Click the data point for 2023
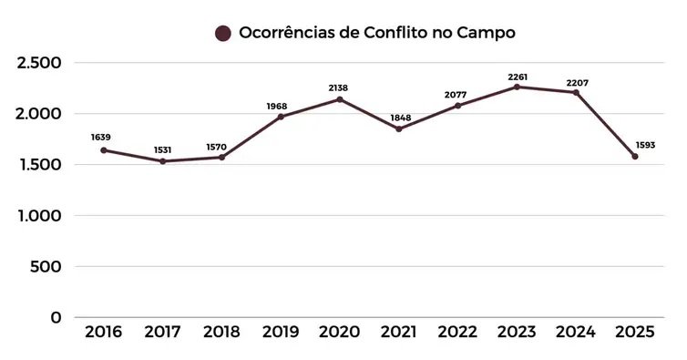pyautogui.click(x=517, y=87)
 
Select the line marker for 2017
pyautogui.click(x=162, y=161)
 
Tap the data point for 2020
pyautogui.click(x=340, y=99)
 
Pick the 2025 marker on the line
pyautogui.click(x=635, y=156)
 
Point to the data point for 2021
pyautogui.click(x=398, y=129)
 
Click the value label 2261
pyautogui.click(x=517, y=77)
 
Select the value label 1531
pyautogui.click(x=161, y=149)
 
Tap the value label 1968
pyautogui.click(x=281, y=106)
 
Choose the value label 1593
pyautogui.click(x=645, y=145)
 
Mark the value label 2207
pyautogui.click(x=577, y=83)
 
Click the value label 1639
pyautogui.click(x=102, y=138)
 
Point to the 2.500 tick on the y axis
pyautogui.click(x=38, y=63)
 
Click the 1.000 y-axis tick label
pyautogui.click(x=38, y=216)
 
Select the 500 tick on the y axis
pyautogui.click(x=46, y=267)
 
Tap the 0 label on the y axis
pyautogui.click(x=56, y=317)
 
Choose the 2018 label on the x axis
pyautogui.click(x=221, y=332)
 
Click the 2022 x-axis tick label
pyautogui.click(x=457, y=332)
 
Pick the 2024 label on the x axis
pyautogui.click(x=576, y=332)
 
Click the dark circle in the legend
pyautogui.click(x=222, y=33)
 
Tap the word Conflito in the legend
pyautogui.click(x=409, y=33)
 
